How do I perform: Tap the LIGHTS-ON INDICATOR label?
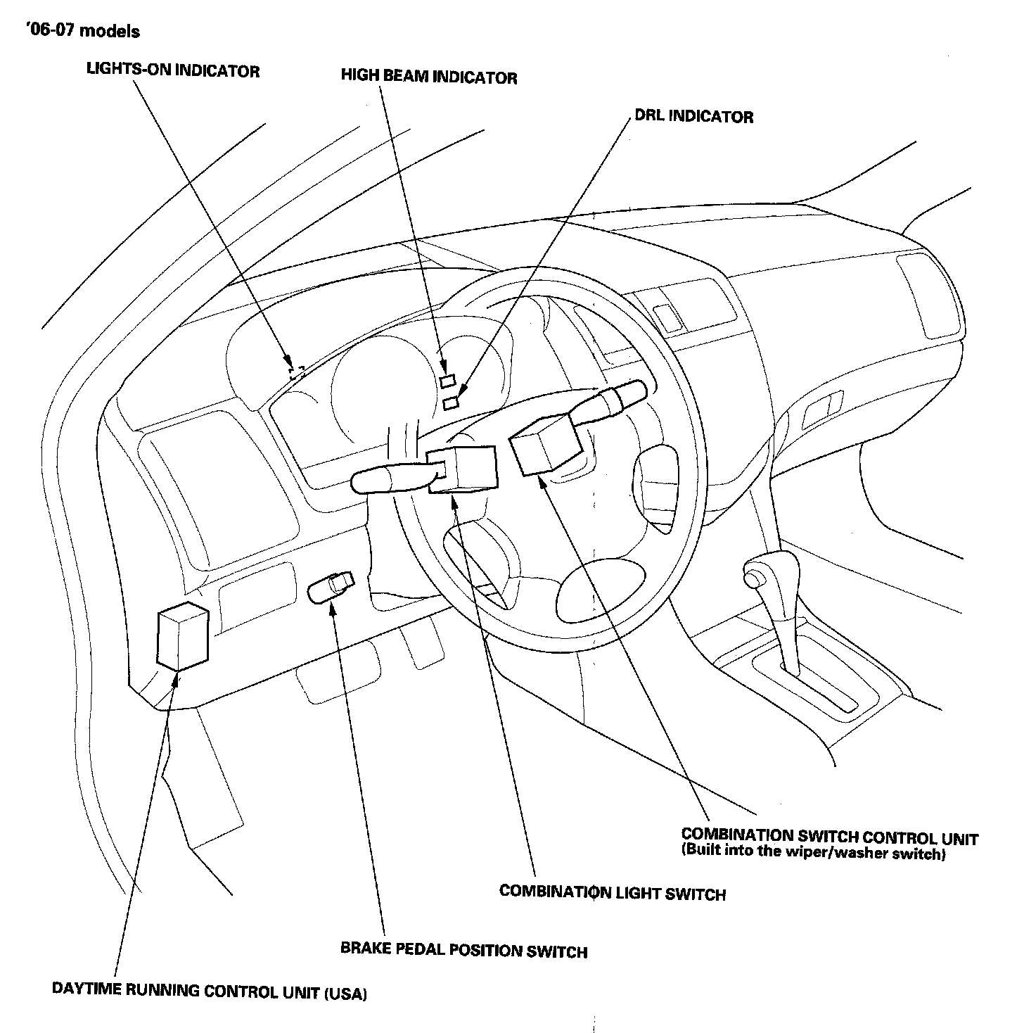click(x=173, y=70)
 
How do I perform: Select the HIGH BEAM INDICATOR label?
click(x=429, y=77)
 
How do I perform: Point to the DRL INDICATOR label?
click(x=693, y=116)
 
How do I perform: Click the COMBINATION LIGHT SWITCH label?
click(x=612, y=893)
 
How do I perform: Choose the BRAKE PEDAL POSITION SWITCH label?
click(x=463, y=950)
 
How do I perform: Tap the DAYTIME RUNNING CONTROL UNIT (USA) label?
click(x=210, y=991)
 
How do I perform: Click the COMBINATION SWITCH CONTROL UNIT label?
click(x=829, y=837)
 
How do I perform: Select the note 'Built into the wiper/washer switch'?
click(x=813, y=854)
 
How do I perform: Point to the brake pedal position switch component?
click(x=331, y=588)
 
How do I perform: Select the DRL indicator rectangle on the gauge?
click(x=451, y=403)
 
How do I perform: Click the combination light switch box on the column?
click(x=463, y=468)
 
